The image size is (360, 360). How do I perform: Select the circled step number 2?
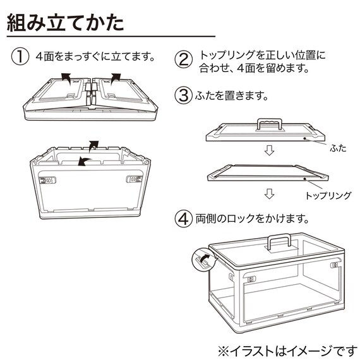pyautogui.click(x=183, y=60)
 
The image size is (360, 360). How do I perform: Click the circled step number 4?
pyautogui.click(x=183, y=220)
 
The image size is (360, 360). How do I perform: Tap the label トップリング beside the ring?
pyautogui.click(x=328, y=196)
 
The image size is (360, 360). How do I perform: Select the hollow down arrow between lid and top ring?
pyautogui.click(x=268, y=152)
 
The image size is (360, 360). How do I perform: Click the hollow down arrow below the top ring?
pyautogui.click(x=268, y=193)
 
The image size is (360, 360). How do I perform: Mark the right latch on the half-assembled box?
pyautogui.click(x=133, y=179)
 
